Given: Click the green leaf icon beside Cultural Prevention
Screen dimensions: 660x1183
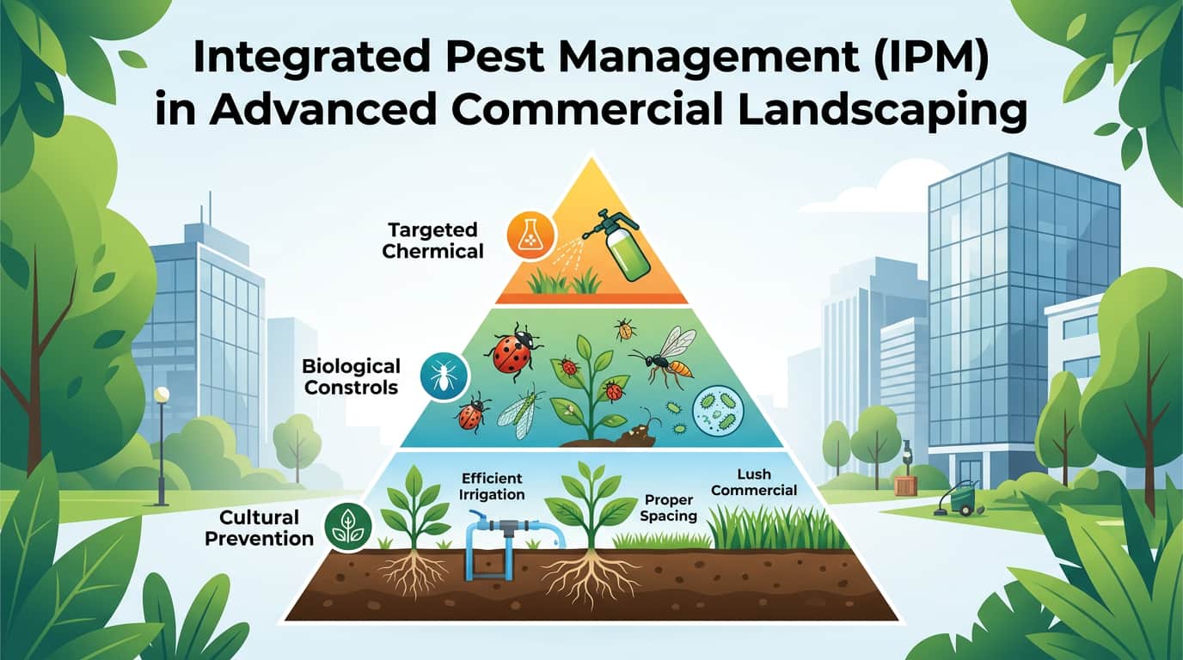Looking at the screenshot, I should (x=347, y=527).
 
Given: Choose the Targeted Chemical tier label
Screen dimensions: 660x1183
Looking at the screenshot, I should (x=435, y=241).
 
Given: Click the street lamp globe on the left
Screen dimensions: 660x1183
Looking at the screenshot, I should (x=161, y=394).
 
